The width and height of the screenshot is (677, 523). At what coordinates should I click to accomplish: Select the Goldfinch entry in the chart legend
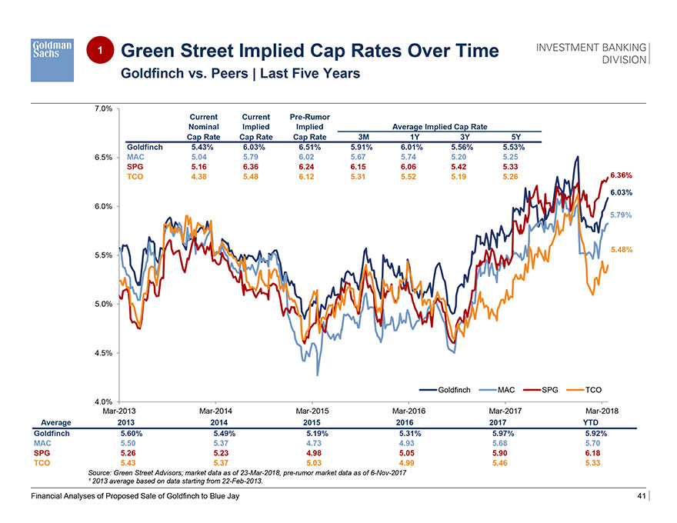pyautogui.click(x=449, y=390)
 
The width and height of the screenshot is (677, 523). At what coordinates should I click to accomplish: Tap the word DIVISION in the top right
pyautogui.click(x=624, y=59)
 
